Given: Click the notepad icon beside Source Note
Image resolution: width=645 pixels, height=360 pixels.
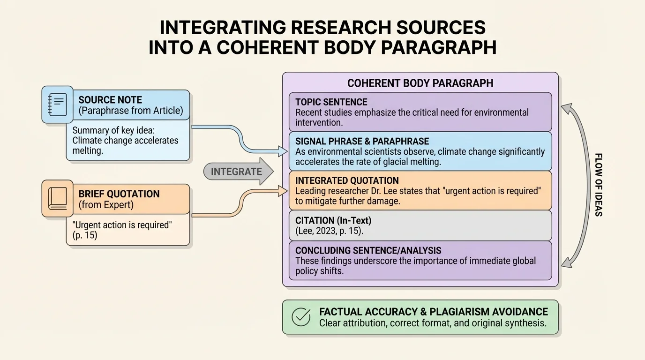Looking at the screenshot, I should click(x=57, y=104).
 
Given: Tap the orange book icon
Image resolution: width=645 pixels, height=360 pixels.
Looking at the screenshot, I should click(x=57, y=198).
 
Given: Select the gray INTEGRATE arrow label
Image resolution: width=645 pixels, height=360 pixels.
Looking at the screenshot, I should click(x=237, y=172).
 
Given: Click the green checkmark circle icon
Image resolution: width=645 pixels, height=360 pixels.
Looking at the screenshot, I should click(x=301, y=317).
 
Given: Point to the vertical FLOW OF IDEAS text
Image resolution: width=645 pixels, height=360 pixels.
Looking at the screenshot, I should click(x=598, y=185).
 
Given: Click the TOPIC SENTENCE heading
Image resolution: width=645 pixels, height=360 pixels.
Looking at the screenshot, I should click(x=331, y=102).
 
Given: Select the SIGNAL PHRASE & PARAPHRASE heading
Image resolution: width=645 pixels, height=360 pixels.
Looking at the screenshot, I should click(x=362, y=141).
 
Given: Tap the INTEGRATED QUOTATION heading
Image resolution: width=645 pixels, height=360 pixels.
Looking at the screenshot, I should click(x=347, y=180).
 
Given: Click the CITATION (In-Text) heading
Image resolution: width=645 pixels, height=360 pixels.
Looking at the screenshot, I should click(x=333, y=220).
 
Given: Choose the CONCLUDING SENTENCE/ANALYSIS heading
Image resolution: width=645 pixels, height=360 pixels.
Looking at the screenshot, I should click(x=368, y=250).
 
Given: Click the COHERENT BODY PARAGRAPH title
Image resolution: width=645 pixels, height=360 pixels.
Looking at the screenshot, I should click(x=420, y=83).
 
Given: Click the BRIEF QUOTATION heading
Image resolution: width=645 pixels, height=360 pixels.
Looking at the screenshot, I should click(x=119, y=194).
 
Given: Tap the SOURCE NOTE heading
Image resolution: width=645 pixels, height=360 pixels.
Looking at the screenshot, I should click(x=110, y=99).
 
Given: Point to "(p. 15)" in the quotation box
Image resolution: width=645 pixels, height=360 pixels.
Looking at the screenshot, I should click(x=85, y=235).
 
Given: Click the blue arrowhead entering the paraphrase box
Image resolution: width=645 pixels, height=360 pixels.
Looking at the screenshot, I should click(x=283, y=151).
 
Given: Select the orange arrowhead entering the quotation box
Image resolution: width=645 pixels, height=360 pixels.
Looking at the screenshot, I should click(x=283, y=190).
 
